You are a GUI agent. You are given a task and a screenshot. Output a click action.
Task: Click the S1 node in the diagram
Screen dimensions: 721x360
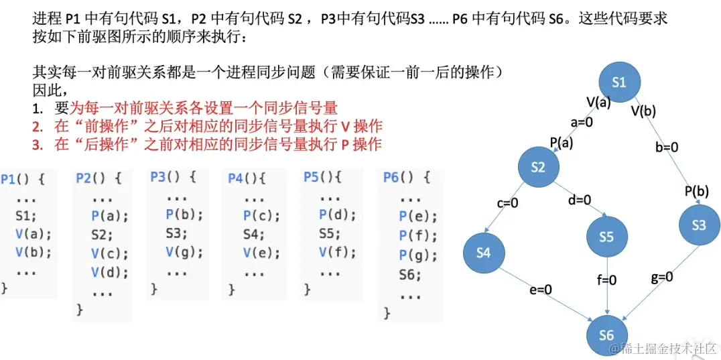tap(618, 82)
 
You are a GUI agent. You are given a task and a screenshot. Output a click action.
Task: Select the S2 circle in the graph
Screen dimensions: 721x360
tap(538, 168)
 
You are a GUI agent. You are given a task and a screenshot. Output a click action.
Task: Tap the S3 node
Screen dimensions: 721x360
tap(698, 225)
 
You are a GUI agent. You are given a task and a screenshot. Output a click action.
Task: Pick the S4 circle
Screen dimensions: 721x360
tap(482, 252)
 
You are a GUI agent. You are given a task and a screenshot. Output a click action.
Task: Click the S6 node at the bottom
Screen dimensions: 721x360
tap(606, 334)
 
